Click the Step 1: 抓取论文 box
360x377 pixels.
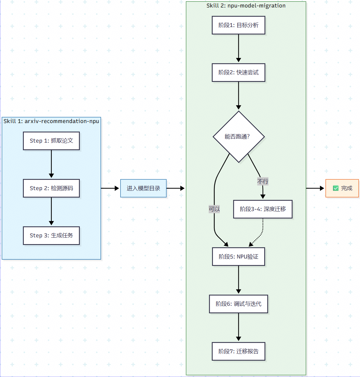51,141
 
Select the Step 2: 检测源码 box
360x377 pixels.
51,188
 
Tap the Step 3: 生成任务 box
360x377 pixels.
51,235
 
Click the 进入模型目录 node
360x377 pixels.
143,188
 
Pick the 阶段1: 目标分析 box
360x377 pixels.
238,25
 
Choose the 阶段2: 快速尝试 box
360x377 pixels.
238,72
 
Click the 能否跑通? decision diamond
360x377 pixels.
239,136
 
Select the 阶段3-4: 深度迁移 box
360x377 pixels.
263,209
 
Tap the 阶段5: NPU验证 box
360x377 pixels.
238,257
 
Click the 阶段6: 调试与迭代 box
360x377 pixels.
238,304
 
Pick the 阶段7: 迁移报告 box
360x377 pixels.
238,351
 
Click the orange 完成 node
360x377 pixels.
342,188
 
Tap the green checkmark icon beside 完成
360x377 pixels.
336,188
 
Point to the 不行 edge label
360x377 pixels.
263,181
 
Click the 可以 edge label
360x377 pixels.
214,209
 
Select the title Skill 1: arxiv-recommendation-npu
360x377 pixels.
51,121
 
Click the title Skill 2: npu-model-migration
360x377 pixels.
246,6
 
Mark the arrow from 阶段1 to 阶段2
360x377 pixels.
238,48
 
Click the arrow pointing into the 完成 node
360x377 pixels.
315,188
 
